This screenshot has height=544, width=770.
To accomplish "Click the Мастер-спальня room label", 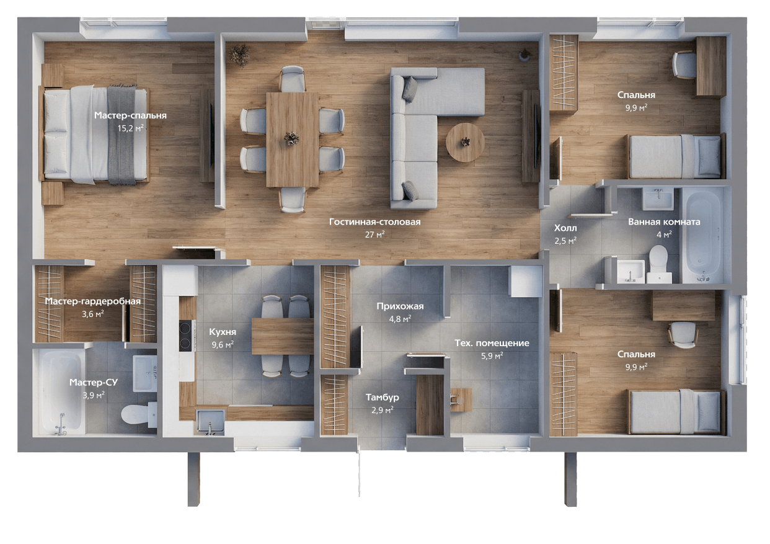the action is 130,115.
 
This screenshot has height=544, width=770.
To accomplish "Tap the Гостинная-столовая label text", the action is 374,222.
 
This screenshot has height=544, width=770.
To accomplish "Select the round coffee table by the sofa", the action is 465,143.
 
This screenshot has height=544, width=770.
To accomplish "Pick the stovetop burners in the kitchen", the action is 185,336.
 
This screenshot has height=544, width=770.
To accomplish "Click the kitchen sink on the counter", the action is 210,422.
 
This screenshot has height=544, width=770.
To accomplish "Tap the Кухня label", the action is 223,332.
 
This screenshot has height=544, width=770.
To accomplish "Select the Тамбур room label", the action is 383,397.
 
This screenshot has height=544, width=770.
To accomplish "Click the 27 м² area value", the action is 374,234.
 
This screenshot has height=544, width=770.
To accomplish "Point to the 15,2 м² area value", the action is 130,128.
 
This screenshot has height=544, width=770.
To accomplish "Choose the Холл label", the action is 565,228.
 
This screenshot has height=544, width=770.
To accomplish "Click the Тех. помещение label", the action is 492,343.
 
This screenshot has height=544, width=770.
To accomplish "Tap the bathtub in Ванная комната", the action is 704,235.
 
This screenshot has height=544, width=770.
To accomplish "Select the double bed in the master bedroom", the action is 94,134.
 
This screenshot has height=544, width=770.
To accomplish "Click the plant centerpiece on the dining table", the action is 291,138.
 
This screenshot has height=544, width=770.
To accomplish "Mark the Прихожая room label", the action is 400,306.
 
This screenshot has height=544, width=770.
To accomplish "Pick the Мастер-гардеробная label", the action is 93,301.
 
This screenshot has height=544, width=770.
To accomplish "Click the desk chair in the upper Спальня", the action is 684,65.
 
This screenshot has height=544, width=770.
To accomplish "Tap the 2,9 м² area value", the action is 383,410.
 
